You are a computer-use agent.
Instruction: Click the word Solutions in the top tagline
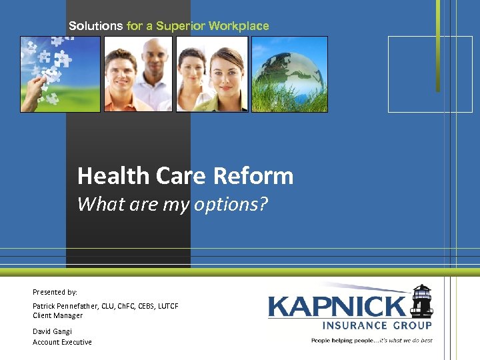96,26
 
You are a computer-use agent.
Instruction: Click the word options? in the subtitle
230,204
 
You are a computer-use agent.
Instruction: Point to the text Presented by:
55,292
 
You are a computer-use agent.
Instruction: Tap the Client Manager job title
58,315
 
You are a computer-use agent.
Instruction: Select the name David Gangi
52,331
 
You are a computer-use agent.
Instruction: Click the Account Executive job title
62,342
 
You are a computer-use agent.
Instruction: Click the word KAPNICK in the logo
337,307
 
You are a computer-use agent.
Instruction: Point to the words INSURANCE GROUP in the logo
377,325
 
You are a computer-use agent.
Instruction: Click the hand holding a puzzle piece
31,93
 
